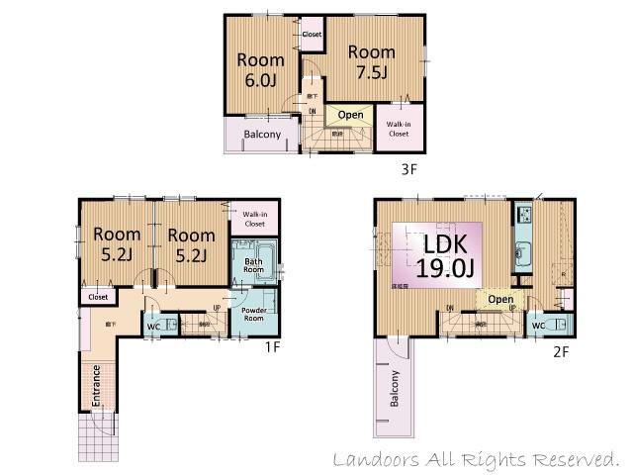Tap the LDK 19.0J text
439,254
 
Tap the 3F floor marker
409,169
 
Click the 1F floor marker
273,347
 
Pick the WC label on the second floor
538,326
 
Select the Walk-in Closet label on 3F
399,128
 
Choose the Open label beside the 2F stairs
500,299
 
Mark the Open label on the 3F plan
350,115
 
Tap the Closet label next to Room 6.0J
312,35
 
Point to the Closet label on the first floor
98,296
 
